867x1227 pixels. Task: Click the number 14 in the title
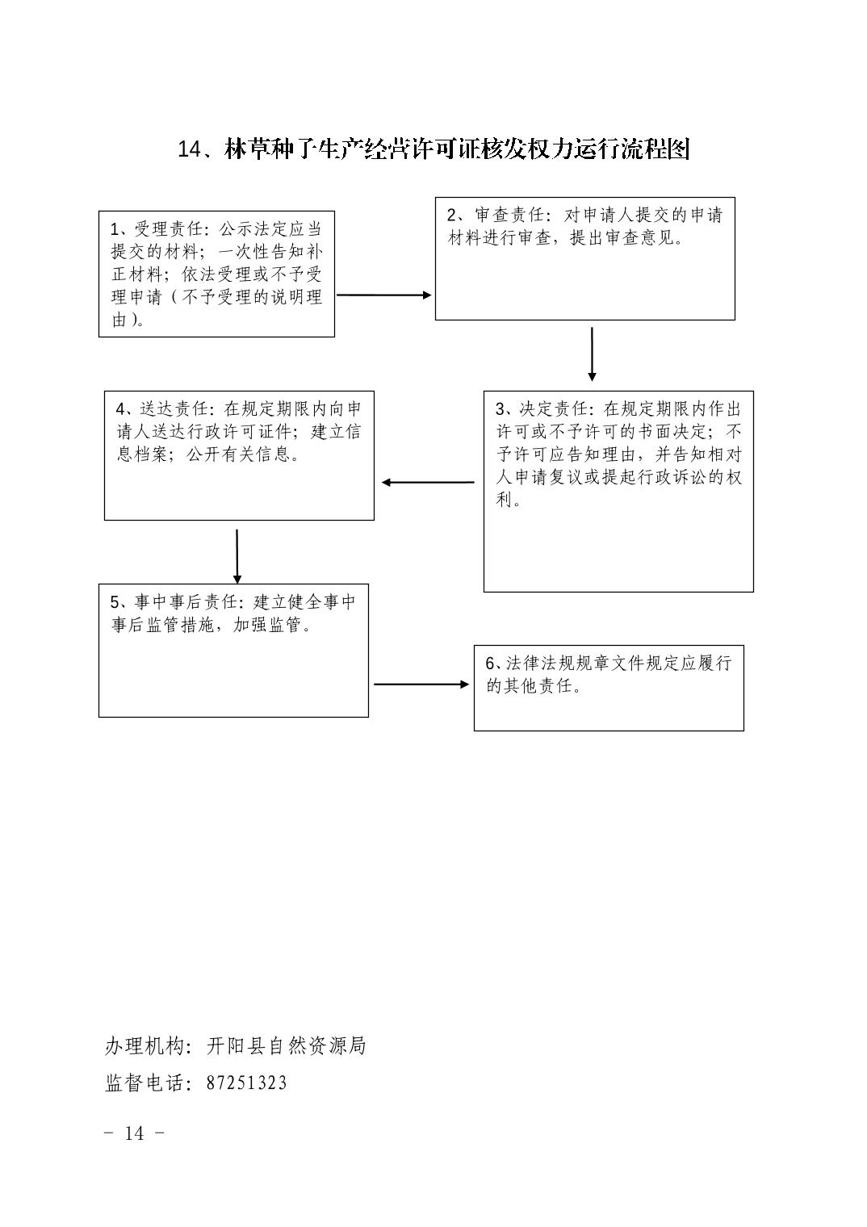(x=190, y=149)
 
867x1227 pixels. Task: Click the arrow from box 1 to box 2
(x=384, y=295)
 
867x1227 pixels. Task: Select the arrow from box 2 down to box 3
(x=592, y=354)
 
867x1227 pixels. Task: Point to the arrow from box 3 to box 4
(x=428, y=483)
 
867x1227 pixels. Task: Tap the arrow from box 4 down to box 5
(x=237, y=556)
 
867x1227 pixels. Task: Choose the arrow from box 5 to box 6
(x=421, y=685)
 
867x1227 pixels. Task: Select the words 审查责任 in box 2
(x=509, y=215)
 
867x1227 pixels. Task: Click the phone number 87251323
(x=246, y=1083)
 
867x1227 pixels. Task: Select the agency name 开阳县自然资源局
(x=287, y=1045)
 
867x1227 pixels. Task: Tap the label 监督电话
(x=144, y=1083)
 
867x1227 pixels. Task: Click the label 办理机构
(x=144, y=1045)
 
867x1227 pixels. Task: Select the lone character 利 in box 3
(x=505, y=499)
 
